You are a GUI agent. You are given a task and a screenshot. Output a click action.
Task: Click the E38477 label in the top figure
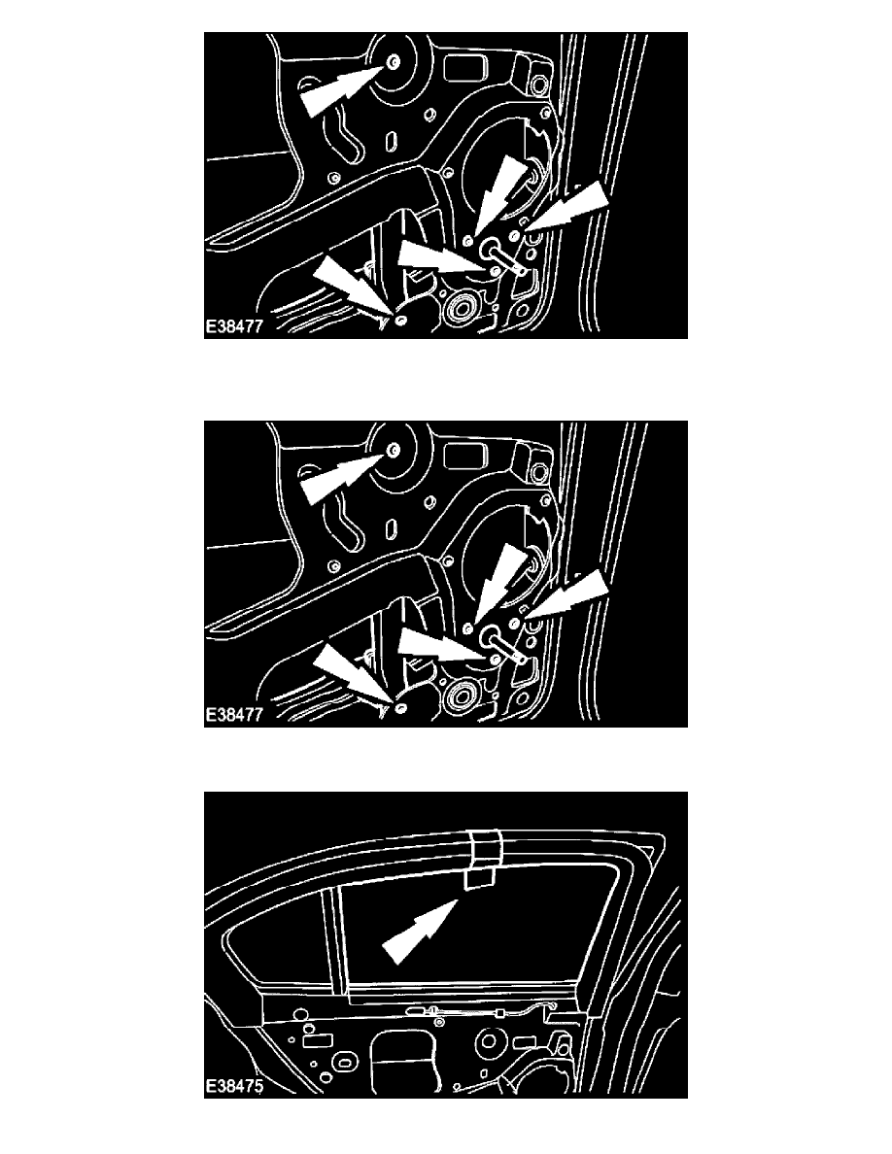point(234,326)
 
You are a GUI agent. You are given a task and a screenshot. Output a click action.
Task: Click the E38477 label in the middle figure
point(234,715)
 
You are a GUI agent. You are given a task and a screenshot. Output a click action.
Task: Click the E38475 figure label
point(234,1086)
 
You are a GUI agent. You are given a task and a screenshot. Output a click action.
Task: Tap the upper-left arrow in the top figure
point(343,89)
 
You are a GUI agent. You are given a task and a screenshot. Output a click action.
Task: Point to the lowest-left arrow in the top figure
point(352,287)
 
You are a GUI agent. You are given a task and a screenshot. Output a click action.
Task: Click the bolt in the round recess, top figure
point(394,62)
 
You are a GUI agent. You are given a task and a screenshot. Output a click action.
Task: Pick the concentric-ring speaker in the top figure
point(462,307)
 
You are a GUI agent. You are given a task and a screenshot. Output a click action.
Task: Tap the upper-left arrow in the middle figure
point(343,478)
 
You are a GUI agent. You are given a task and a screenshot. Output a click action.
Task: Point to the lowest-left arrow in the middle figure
point(352,676)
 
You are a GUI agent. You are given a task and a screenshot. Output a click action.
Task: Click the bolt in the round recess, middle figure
point(394,451)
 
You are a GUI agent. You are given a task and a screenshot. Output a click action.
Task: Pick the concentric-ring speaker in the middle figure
point(462,696)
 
